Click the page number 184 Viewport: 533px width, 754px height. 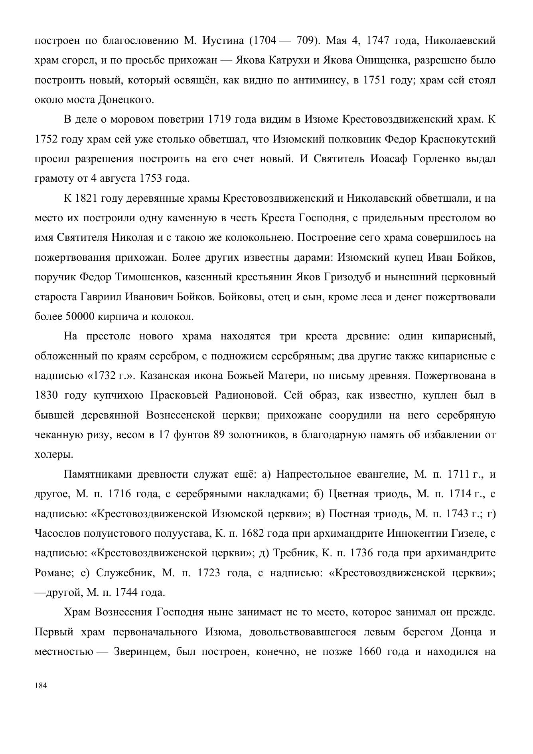41,686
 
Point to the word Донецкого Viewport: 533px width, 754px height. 126,100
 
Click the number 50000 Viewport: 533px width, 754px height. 79,317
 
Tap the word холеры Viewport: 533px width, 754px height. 53,454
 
